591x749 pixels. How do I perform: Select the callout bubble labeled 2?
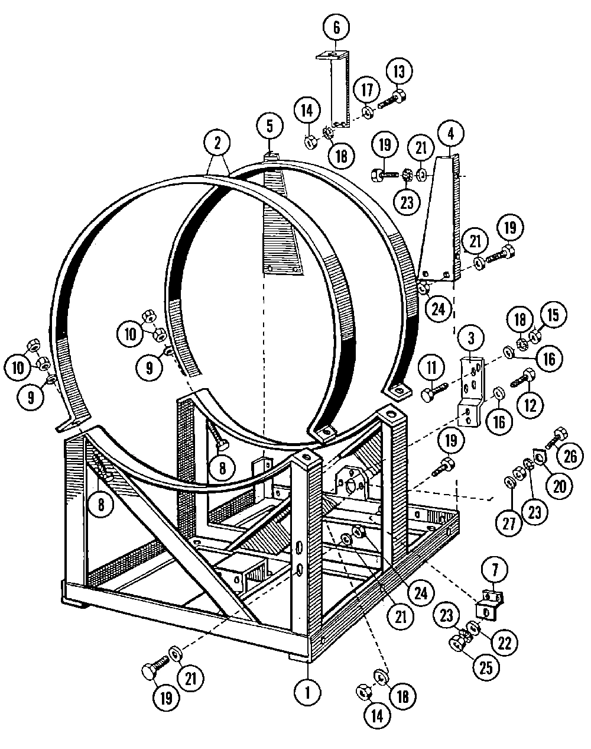pyautogui.click(x=217, y=143)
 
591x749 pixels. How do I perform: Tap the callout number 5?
pyautogui.click(x=269, y=125)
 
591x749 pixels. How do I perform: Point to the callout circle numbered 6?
pyautogui.click(x=336, y=27)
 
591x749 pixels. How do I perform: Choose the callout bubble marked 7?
pyautogui.click(x=495, y=570)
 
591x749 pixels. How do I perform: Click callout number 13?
pyautogui.click(x=400, y=72)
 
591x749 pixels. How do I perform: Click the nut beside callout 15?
pyautogui.click(x=535, y=336)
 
